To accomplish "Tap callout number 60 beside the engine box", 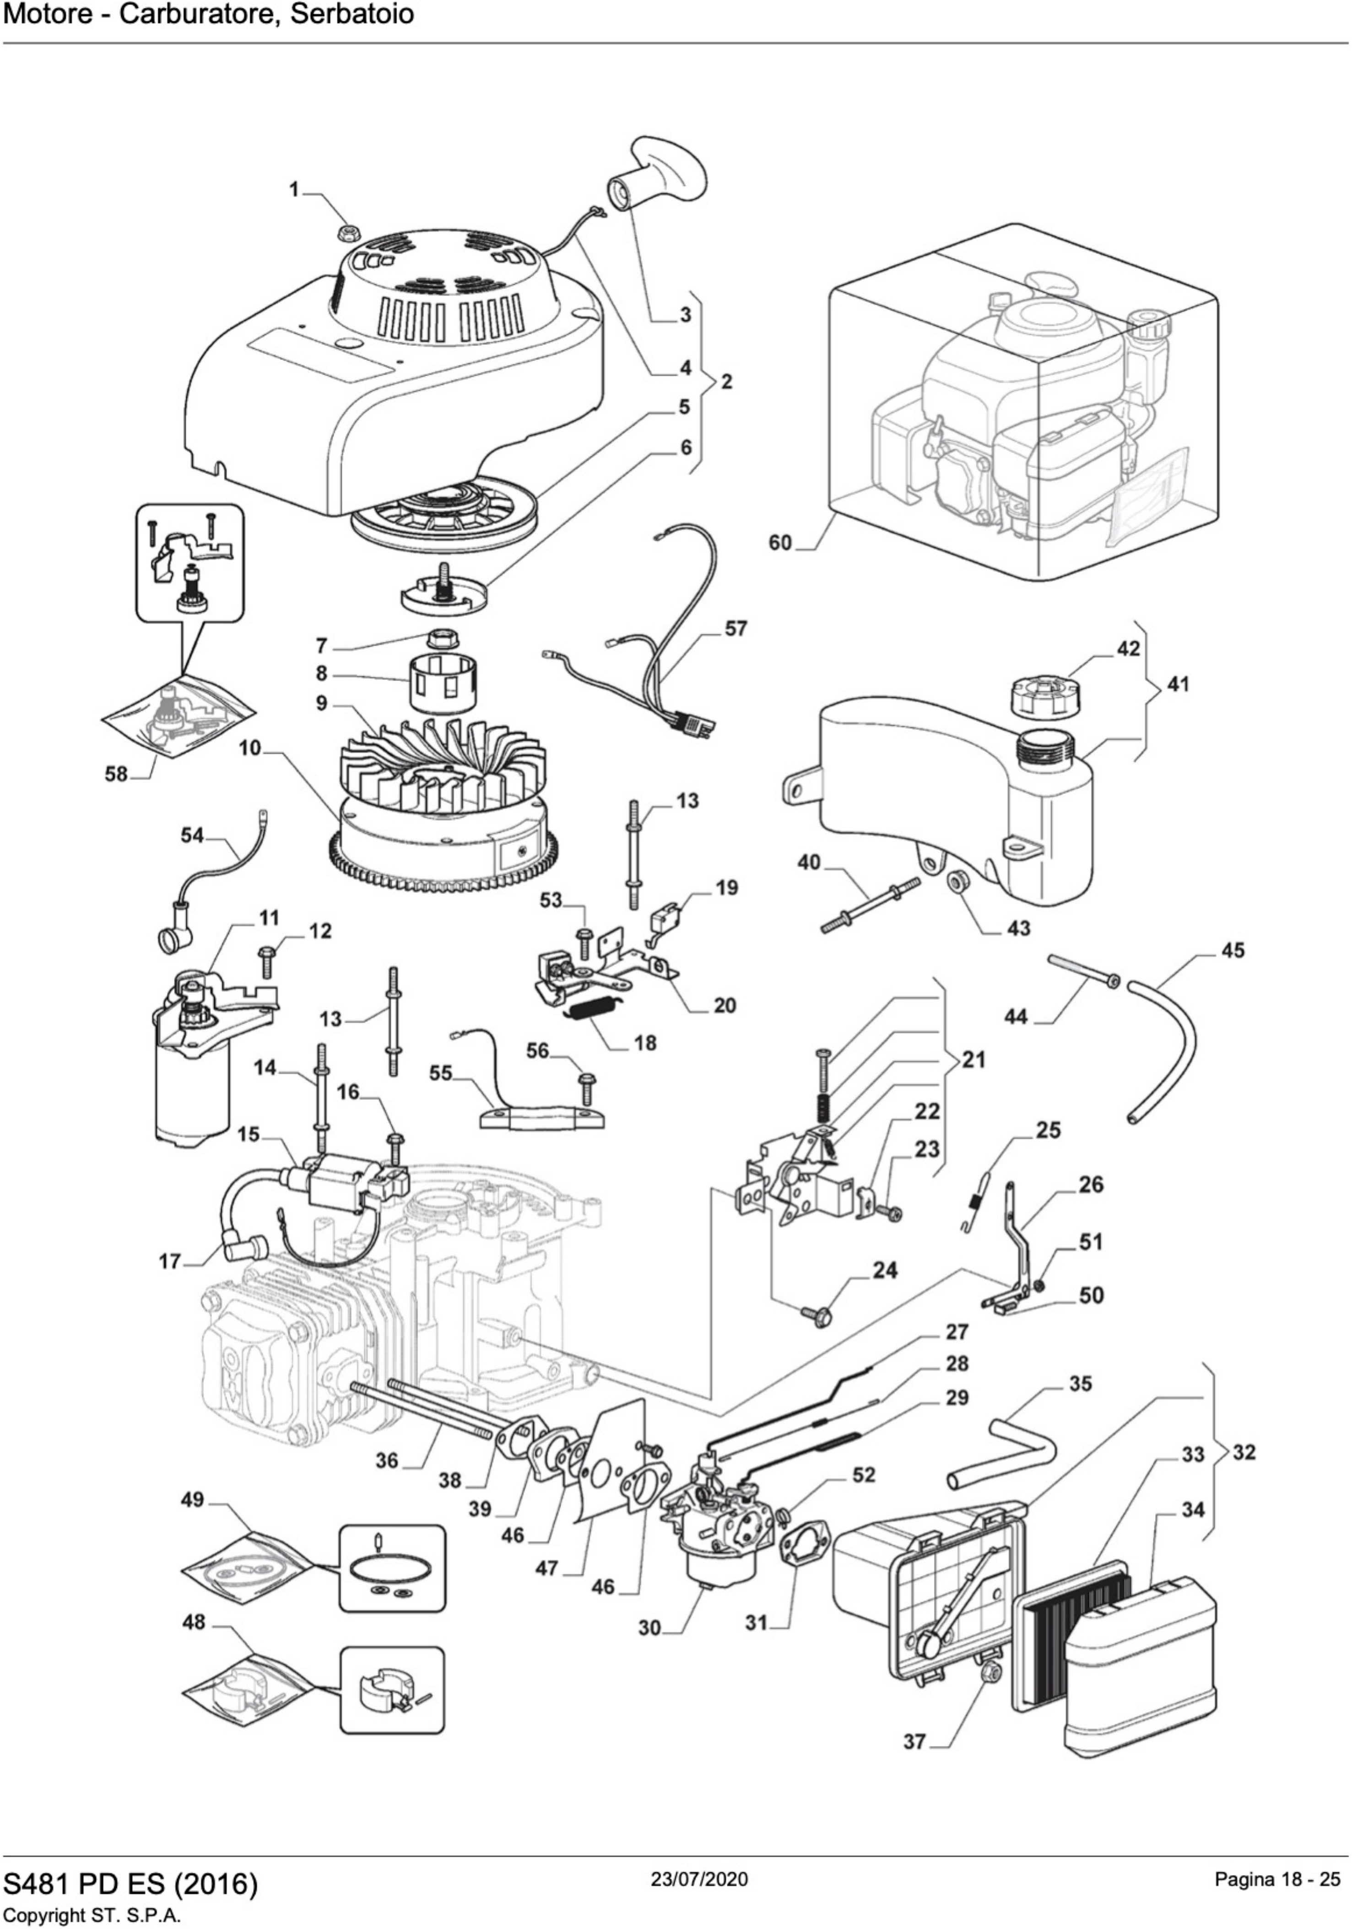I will [780, 543].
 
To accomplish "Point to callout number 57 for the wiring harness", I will [735, 629].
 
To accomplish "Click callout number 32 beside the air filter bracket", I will [1244, 1452].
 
